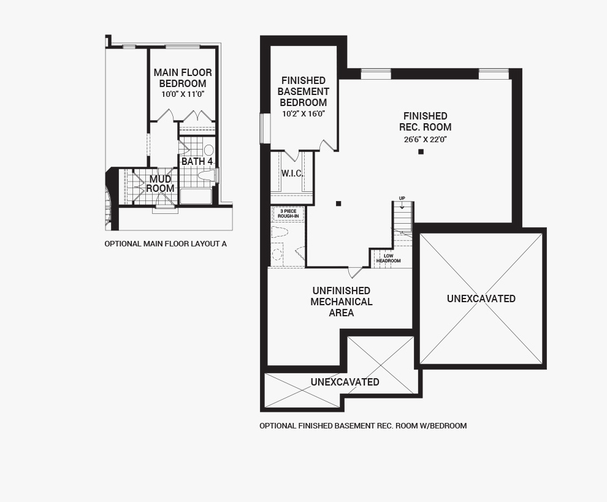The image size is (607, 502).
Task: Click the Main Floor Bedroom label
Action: [x=183, y=78]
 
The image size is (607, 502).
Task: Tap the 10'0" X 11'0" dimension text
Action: [x=183, y=94]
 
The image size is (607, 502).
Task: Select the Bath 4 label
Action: [x=197, y=161]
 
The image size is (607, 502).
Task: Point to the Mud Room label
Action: [x=160, y=184]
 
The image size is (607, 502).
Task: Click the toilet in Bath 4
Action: [x=207, y=176]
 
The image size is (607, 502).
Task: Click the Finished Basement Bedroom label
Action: [x=303, y=91]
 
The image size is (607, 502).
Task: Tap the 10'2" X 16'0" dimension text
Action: [x=303, y=114]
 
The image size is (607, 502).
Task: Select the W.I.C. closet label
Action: [x=292, y=173]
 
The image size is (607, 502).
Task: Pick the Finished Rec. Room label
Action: [x=425, y=121]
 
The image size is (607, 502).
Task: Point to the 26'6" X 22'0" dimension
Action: [x=426, y=140]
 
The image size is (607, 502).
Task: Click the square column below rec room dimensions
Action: [x=421, y=152]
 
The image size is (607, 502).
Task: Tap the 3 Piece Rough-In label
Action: [x=288, y=214]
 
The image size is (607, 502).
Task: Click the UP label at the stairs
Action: [x=402, y=199]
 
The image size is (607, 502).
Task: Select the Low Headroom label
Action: [x=388, y=259]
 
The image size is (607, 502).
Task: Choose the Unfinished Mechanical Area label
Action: [x=342, y=302]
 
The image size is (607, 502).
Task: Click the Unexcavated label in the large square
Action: [x=481, y=299]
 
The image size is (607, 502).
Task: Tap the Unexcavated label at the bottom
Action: [x=345, y=382]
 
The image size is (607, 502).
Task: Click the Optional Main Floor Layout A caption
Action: [x=166, y=244]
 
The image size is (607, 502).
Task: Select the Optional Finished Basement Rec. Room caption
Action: [x=363, y=426]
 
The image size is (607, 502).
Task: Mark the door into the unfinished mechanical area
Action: [x=355, y=272]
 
